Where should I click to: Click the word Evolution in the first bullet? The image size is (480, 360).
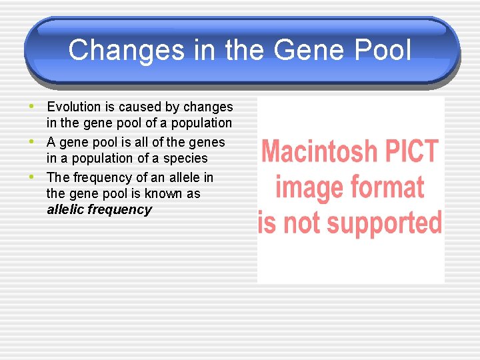73,107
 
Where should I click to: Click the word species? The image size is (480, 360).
185,158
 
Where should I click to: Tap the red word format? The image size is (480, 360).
387,187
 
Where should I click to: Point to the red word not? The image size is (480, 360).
302,223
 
